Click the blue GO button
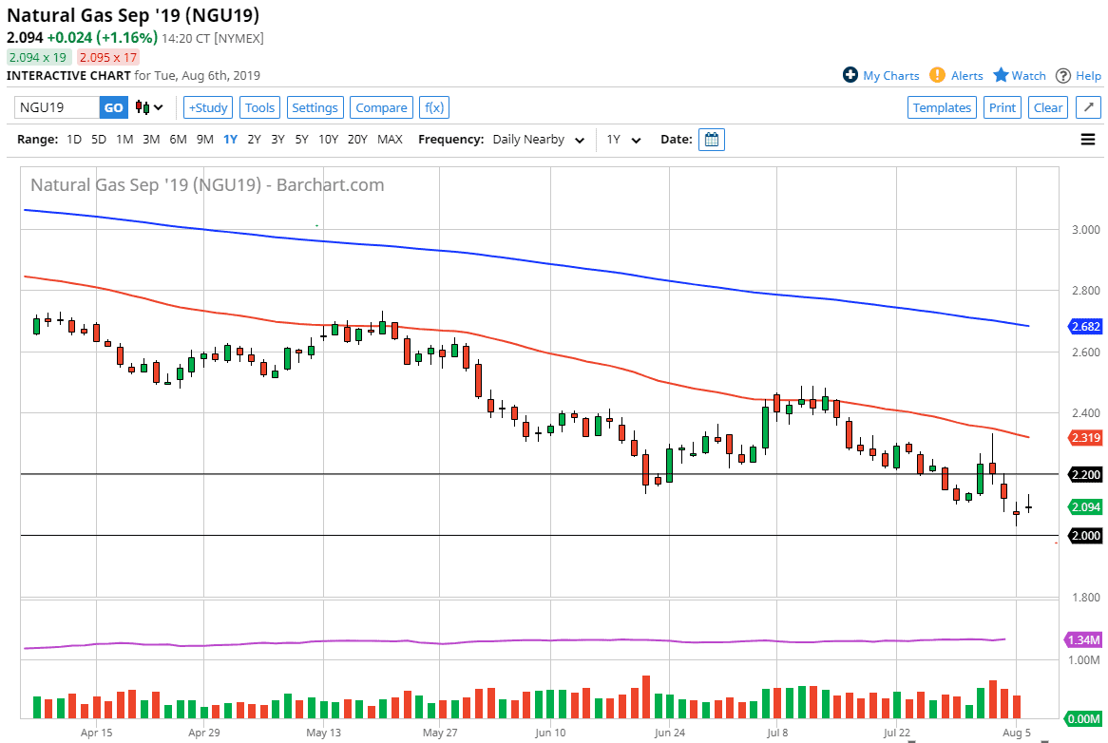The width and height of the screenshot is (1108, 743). [x=113, y=107]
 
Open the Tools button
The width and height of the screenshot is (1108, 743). [x=259, y=107]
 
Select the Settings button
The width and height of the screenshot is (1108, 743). [x=315, y=107]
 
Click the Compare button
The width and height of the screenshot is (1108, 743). [x=381, y=107]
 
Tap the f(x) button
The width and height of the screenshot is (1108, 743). [x=434, y=107]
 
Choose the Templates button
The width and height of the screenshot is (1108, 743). [x=942, y=107]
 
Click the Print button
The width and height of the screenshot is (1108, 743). [x=1003, y=107]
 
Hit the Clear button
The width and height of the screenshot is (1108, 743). [x=1048, y=107]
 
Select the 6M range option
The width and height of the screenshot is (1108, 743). [x=178, y=140]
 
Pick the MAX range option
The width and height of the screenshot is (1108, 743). [x=390, y=140]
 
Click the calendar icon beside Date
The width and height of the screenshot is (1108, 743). [x=712, y=140]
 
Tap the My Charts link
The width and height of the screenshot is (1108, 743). [x=881, y=76]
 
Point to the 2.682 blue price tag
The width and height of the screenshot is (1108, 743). [x=1085, y=327]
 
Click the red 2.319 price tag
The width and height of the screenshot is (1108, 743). [x=1085, y=438]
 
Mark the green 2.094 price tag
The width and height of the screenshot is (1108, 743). [x=1085, y=507]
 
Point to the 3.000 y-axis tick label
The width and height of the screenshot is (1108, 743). [x=1084, y=230]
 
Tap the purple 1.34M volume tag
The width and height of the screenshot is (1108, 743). [x=1085, y=639]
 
